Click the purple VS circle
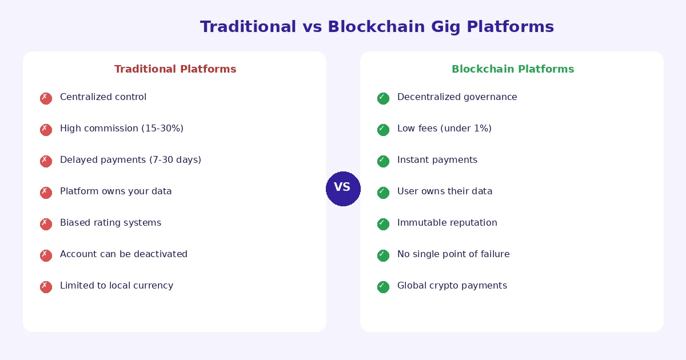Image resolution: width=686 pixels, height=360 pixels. tap(343, 189)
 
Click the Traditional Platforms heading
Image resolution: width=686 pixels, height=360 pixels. tap(175, 69)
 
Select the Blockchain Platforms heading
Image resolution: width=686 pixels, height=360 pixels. tap(512, 69)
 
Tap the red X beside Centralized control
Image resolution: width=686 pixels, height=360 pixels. tap(46, 98)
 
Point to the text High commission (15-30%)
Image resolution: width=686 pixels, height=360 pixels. tap(121, 129)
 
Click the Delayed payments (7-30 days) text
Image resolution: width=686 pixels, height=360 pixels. tap(130, 160)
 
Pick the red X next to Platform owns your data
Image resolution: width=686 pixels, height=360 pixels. tap(46, 193)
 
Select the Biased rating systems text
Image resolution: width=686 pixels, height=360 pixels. tap(110, 223)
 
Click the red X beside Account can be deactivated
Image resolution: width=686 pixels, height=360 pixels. tap(46, 255)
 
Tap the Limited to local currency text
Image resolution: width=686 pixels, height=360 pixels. tap(116, 286)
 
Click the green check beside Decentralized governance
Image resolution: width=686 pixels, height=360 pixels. tap(383, 98)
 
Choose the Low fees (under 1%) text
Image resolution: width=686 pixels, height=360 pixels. tap(444, 129)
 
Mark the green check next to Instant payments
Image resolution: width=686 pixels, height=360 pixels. tap(383, 161)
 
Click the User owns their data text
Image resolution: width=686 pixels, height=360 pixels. tap(444, 191)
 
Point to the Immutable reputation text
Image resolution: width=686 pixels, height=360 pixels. tap(447, 223)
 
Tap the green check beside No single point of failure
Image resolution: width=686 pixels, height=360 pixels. tap(383, 255)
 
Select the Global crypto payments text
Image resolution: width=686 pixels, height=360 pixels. tap(452, 286)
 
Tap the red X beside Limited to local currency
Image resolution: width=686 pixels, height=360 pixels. tap(46, 287)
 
